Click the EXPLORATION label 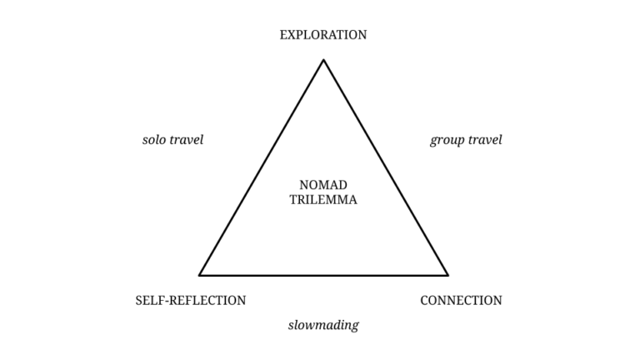pos(323,35)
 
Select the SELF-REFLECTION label pos(191,300)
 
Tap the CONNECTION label pos(461,300)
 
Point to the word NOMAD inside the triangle pos(323,185)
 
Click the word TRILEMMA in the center pos(323,200)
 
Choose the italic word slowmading pos(323,325)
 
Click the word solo pos(154,140)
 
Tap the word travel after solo pos(187,140)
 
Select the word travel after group pos(485,140)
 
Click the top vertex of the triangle pos(323,60)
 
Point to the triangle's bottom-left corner pos(200,274)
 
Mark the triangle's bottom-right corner pos(447,274)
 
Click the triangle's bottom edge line pos(323,274)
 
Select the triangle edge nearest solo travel pos(262,167)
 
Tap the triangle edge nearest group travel pos(385,167)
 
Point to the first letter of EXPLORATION pos(284,35)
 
